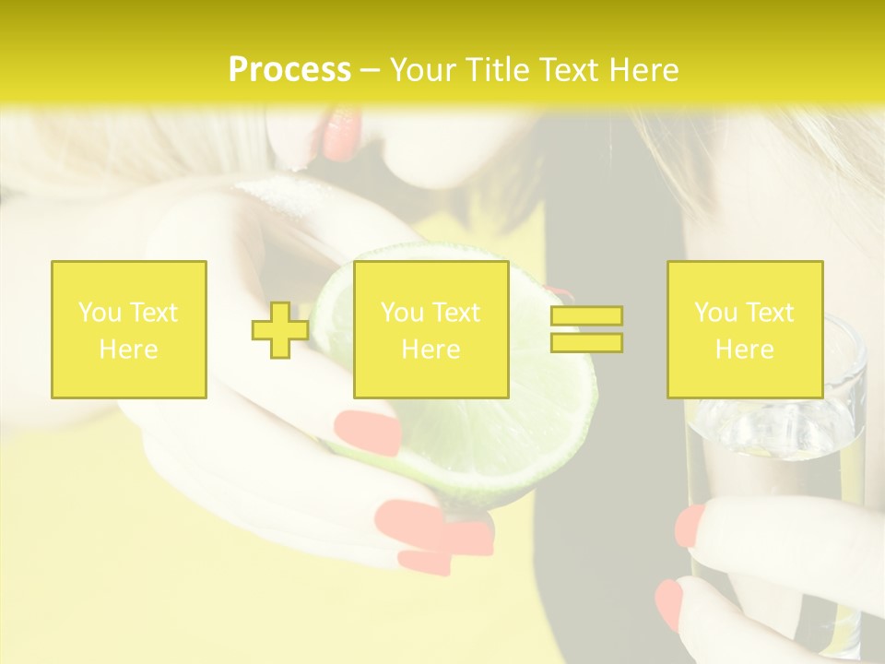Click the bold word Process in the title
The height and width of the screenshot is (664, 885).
click(x=289, y=70)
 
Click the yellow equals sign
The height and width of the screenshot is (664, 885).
click(x=586, y=329)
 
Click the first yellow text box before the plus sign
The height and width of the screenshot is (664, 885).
click(x=129, y=329)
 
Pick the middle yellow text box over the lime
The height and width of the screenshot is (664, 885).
click(x=431, y=329)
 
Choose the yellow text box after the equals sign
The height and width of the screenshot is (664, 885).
click(x=744, y=329)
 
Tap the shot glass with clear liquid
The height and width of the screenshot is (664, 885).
click(x=784, y=433)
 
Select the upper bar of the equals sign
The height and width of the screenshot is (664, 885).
click(x=586, y=316)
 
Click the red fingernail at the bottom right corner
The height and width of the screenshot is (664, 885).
click(x=669, y=604)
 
